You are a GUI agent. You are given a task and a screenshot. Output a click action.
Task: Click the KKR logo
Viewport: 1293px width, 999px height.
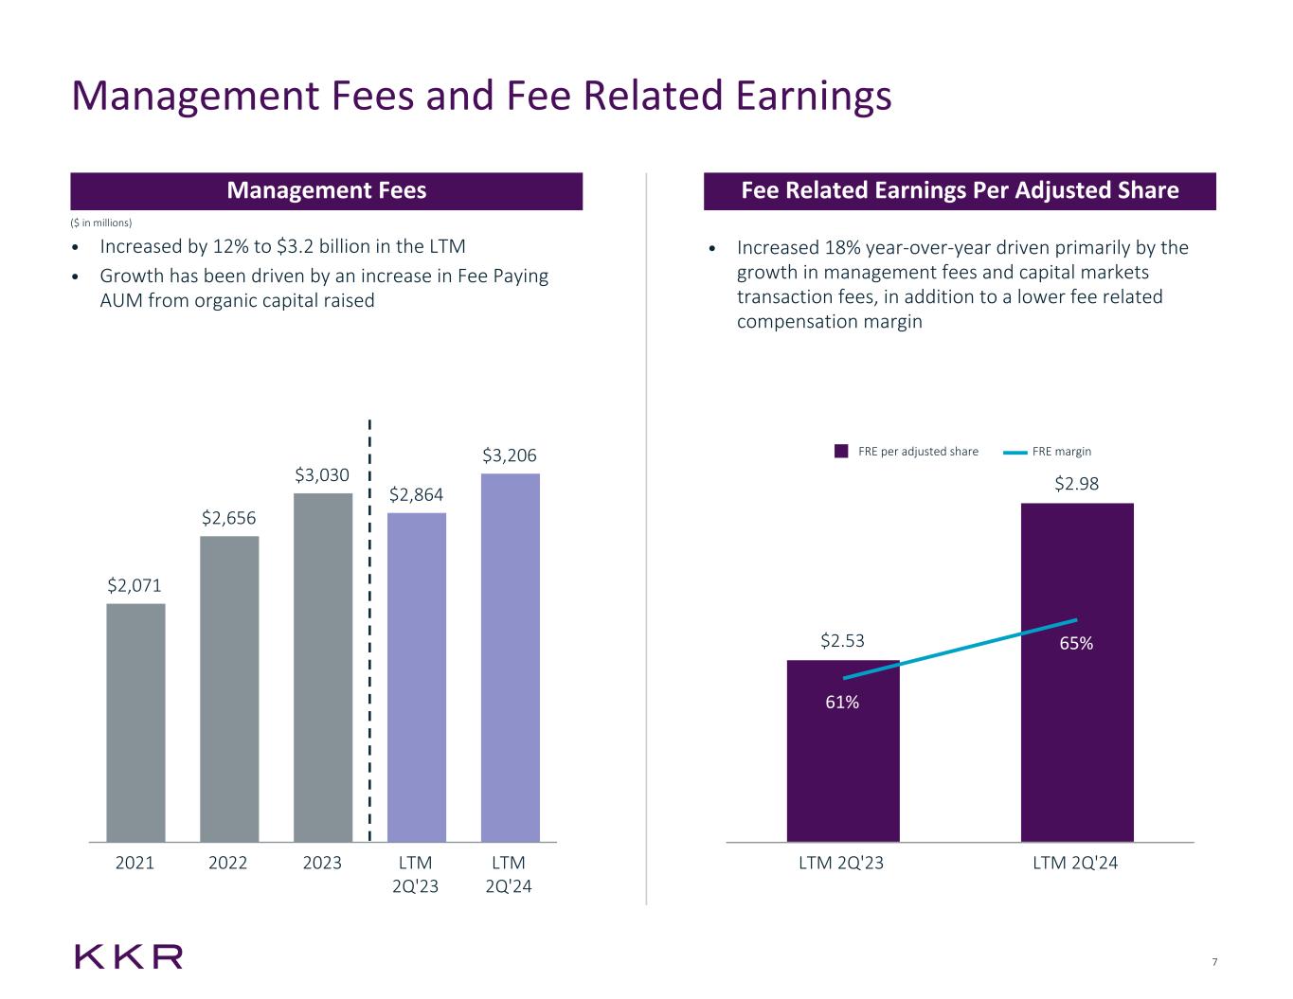click(x=129, y=956)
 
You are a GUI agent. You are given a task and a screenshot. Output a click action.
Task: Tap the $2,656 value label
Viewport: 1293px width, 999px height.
click(x=228, y=518)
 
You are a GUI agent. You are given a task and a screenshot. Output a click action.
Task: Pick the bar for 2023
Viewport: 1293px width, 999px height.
click(x=323, y=667)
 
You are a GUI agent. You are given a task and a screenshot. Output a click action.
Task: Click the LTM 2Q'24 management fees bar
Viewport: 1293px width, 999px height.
click(x=511, y=657)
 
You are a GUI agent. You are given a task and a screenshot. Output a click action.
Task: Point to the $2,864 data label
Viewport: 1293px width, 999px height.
click(x=417, y=494)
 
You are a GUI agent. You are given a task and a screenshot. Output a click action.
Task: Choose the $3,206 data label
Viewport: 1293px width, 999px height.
click(x=511, y=455)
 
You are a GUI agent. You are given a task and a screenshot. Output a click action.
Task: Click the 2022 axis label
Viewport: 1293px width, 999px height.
click(x=228, y=863)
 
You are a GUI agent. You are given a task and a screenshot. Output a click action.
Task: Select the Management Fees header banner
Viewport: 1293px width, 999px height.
click(x=326, y=191)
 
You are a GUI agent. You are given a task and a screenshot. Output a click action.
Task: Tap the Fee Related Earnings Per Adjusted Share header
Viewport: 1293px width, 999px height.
click(x=960, y=191)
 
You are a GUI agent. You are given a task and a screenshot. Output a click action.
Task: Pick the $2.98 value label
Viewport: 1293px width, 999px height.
click(x=1077, y=484)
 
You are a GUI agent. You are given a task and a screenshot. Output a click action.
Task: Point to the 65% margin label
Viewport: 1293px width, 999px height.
click(x=1076, y=643)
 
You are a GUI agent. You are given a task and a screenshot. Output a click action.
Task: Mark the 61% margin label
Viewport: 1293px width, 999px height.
click(x=841, y=702)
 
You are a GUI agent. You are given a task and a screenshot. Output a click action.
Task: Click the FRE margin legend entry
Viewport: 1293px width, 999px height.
click(x=1049, y=452)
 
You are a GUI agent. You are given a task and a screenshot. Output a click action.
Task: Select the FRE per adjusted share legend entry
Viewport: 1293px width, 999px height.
click(x=907, y=452)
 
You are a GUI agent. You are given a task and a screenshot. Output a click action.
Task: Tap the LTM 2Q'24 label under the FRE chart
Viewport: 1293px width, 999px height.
click(x=1077, y=863)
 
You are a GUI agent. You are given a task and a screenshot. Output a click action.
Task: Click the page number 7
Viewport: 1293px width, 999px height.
click(x=1214, y=963)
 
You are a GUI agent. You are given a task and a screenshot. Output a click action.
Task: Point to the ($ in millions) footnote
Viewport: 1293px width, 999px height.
click(x=102, y=223)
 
